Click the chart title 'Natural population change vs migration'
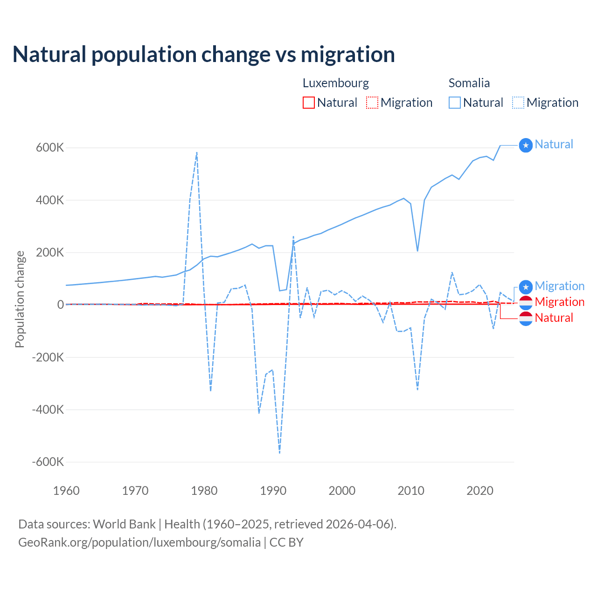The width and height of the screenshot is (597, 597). click(204, 55)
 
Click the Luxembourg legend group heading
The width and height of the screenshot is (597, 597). click(335, 83)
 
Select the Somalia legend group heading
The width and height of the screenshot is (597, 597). click(469, 83)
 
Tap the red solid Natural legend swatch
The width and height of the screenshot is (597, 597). click(309, 103)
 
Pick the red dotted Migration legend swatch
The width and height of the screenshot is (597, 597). click(372, 103)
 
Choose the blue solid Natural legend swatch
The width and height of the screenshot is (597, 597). click(455, 103)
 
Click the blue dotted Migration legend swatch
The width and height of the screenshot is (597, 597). click(518, 103)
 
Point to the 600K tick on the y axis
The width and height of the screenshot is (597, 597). click(50, 148)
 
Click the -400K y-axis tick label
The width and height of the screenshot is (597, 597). click(48, 410)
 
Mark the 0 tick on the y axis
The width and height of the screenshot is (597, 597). click(61, 305)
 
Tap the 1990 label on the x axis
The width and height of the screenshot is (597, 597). click(273, 491)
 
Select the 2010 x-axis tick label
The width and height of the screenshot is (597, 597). click(411, 491)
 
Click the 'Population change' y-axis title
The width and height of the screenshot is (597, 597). click(20, 299)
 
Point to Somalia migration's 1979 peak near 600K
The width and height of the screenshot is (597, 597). click(197, 153)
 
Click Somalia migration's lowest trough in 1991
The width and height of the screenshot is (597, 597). click(279, 453)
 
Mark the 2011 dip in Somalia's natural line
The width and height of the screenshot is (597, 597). click(417, 251)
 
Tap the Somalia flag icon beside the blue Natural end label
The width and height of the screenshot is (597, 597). click(526, 146)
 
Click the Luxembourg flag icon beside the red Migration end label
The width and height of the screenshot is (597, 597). click(526, 302)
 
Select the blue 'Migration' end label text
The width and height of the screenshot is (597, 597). click(559, 286)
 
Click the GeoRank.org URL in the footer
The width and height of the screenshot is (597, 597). click(139, 542)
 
